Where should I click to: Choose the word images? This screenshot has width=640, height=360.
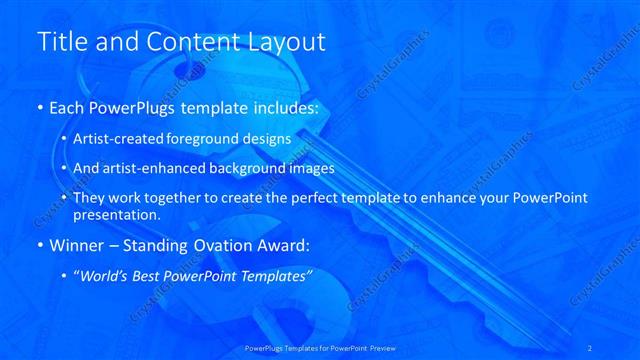(328, 168)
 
